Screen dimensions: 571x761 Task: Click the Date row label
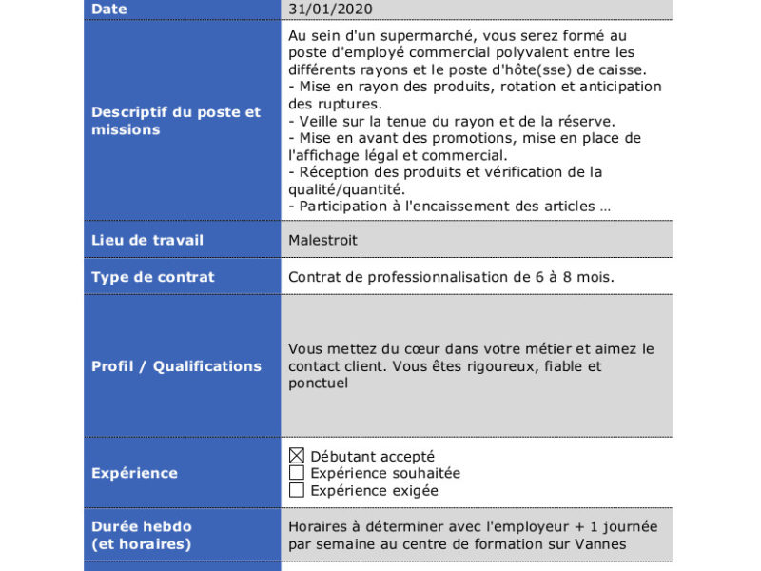(109, 9)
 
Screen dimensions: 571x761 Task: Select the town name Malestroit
(323, 240)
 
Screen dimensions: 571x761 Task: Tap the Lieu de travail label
(147, 240)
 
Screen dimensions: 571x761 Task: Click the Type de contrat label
(153, 277)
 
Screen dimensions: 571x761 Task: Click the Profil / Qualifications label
(176, 366)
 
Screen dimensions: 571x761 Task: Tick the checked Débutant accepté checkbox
(297, 456)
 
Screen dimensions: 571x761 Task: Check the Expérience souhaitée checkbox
(297, 473)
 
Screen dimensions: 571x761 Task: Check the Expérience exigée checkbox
(297, 490)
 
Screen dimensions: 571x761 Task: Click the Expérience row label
(134, 473)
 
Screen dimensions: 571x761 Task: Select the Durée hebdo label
(141, 526)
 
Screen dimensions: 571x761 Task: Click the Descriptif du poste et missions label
(176, 121)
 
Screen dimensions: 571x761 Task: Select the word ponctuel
(319, 384)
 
